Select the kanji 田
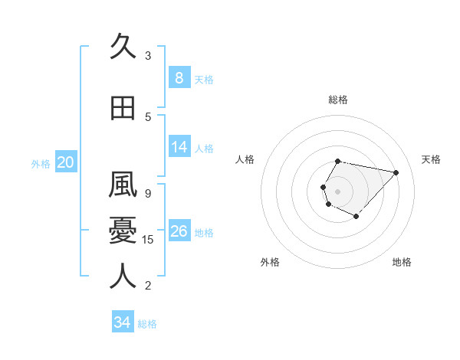pyautogui.click(x=123, y=109)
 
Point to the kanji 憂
pyautogui.click(x=123, y=231)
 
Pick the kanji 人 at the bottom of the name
pyautogui.click(x=123, y=277)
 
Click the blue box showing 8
pyautogui.click(x=179, y=77)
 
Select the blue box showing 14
pyautogui.click(x=179, y=147)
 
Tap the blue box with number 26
pyautogui.click(x=179, y=231)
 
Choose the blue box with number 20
pyautogui.click(x=65, y=162)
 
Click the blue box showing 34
pyautogui.click(x=122, y=322)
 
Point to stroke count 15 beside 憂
pyautogui.click(x=149, y=240)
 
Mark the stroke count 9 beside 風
pyautogui.click(x=148, y=193)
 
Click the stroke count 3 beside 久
pyautogui.click(x=148, y=55)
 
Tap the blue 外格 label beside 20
pyautogui.click(x=41, y=163)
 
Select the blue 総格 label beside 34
pyautogui.click(x=147, y=324)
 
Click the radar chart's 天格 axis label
pyautogui.click(x=431, y=159)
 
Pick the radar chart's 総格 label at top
pyautogui.click(x=338, y=100)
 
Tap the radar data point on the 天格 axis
pyautogui.click(x=396, y=172)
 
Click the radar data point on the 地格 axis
pyautogui.click(x=356, y=216)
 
